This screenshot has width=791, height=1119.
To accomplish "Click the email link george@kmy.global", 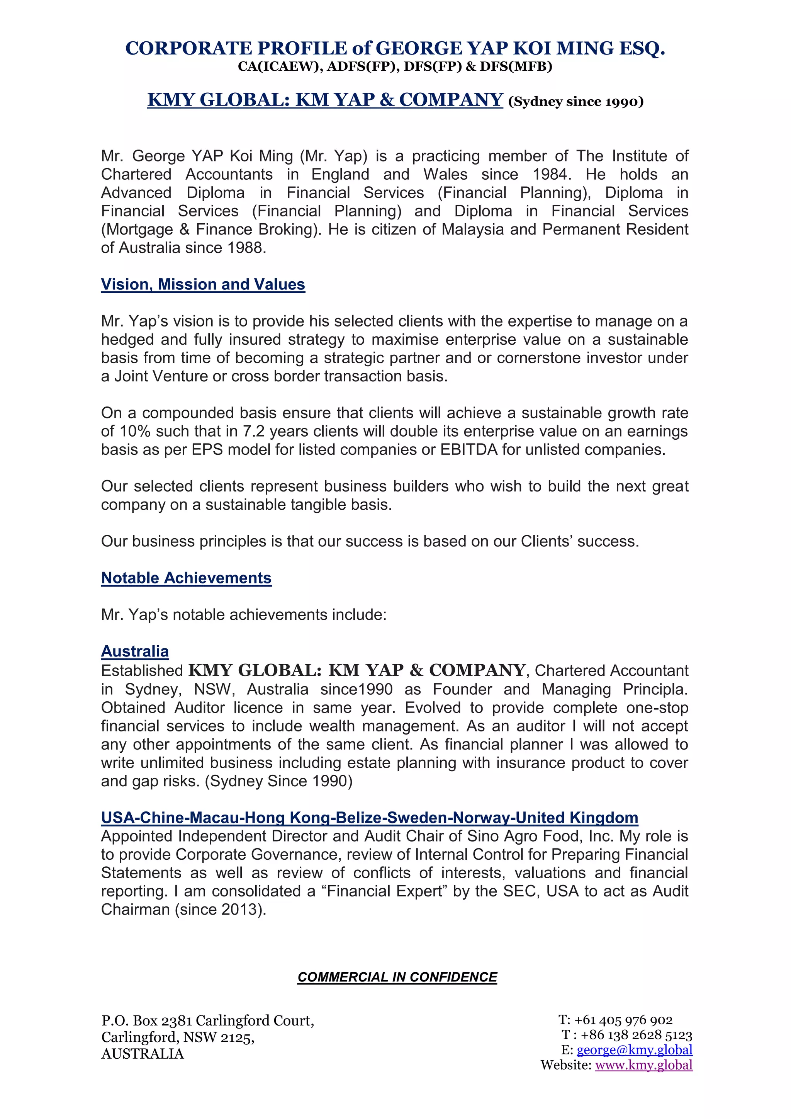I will pyautogui.click(x=634, y=1049).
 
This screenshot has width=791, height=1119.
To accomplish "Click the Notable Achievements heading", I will pyautogui.click(x=186, y=578).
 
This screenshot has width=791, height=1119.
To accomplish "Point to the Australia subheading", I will pyautogui.click(x=134, y=651).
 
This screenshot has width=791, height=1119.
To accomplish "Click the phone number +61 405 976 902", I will pyautogui.click(x=623, y=1020).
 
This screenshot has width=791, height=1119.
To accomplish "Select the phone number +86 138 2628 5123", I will pyautogui.click(x=636, y=1034).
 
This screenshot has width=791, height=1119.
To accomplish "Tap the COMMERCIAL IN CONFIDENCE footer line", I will pyautogui.click(x=397, y=977).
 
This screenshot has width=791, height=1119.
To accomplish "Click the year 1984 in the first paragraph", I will pyautogui.click(x=552, y=175).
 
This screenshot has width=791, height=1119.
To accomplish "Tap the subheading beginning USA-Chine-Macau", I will pyautogui.click(x=369, y=817).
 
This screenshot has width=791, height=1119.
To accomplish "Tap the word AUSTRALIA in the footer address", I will pyautogui.click(x=142, y=1054).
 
